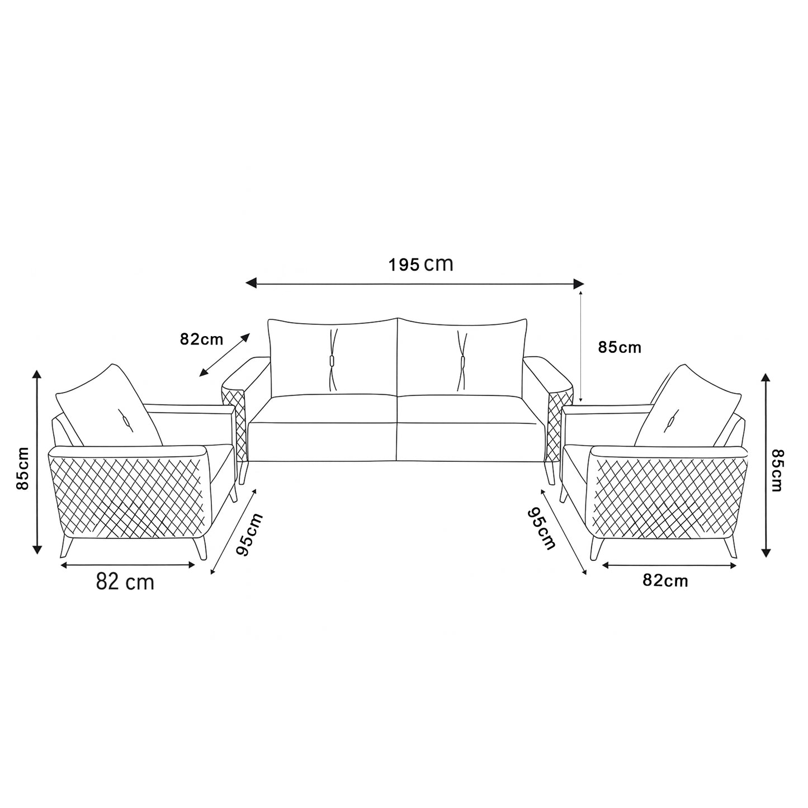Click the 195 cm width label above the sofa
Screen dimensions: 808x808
(x=420, y=264)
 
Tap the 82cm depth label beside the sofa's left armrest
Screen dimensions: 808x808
(x=201, y=339)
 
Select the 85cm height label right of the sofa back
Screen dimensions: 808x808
(x=620, y=347)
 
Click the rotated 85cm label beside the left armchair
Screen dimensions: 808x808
(x=22, y=468)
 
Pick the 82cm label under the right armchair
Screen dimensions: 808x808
(x=665, y=581)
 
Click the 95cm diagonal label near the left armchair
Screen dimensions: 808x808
(x=249, y=534)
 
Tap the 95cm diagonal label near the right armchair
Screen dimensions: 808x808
(x=541, y=528)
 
